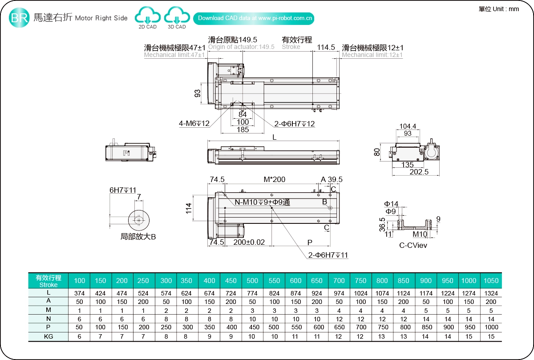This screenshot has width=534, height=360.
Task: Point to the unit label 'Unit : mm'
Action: [x=499, y=8]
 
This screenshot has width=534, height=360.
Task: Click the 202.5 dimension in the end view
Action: [x=420, y=171]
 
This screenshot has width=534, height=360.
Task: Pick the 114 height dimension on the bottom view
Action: [x=189, y=208]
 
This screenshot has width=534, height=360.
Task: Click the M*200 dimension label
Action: [x=274, y=179]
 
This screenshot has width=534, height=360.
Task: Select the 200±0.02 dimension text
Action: [x=249, y=242]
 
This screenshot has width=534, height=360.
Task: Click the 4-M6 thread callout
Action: [x=194, y=123]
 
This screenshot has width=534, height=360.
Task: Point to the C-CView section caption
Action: [x=413, y=245]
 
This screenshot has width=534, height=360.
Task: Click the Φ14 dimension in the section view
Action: [x=392, y=204]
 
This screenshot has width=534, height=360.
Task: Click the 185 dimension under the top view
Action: [x=243, y=130]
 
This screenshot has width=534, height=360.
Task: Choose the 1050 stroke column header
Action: [x=491, y=280]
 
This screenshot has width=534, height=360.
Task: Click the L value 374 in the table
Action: [x=79, y=293]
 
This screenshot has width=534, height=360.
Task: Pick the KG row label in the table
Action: [x=49, y=336]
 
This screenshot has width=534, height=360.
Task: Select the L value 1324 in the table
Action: [x=491, y=293]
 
